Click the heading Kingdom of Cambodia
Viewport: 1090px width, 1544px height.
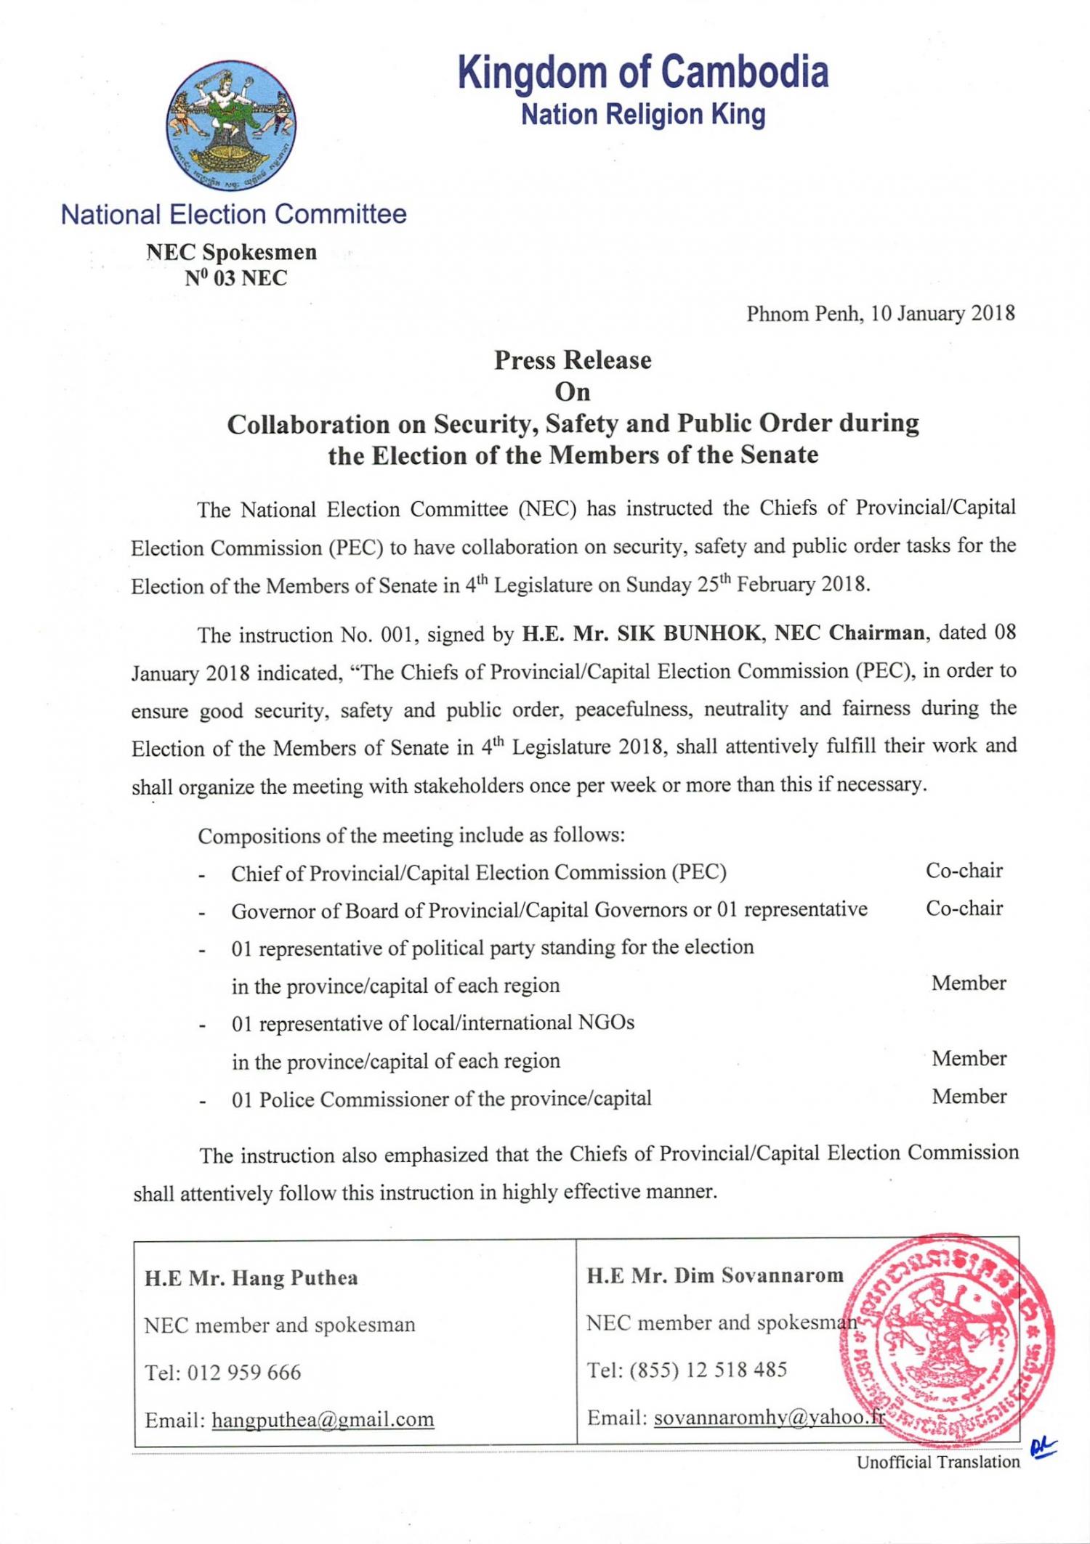[x=643, y=73]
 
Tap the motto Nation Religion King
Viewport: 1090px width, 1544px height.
[x=643, y=115]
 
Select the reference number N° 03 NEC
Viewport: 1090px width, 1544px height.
[x=235, y=278]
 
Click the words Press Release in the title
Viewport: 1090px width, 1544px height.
[x=573, y=360]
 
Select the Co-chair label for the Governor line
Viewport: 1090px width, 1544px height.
[x=964, y=909]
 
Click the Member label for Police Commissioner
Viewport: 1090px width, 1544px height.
[x=969, y=1097]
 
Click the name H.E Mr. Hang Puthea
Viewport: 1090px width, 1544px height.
[x=251, y=1278]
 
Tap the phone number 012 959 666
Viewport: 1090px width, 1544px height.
[x=244, y=1373]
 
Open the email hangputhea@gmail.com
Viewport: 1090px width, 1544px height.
[x=323, y=1420]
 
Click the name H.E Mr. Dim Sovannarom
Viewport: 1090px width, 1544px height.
[x=715, y=1276]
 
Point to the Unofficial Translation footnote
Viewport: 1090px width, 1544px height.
[x=938, y=1462]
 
